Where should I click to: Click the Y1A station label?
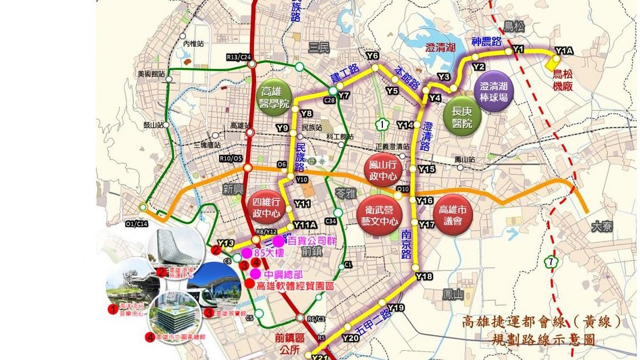coord(563,51)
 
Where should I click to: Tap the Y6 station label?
coord(372,56)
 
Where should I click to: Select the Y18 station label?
coord(425,276)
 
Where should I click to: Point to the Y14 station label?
coord(405,125)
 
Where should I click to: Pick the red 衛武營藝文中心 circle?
coord(378,217)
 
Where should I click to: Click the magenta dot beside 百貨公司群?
coord(278,241)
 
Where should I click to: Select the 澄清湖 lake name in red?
coord(441,47)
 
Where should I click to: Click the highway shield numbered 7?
coord(550,262)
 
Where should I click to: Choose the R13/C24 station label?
coord(238,57)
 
